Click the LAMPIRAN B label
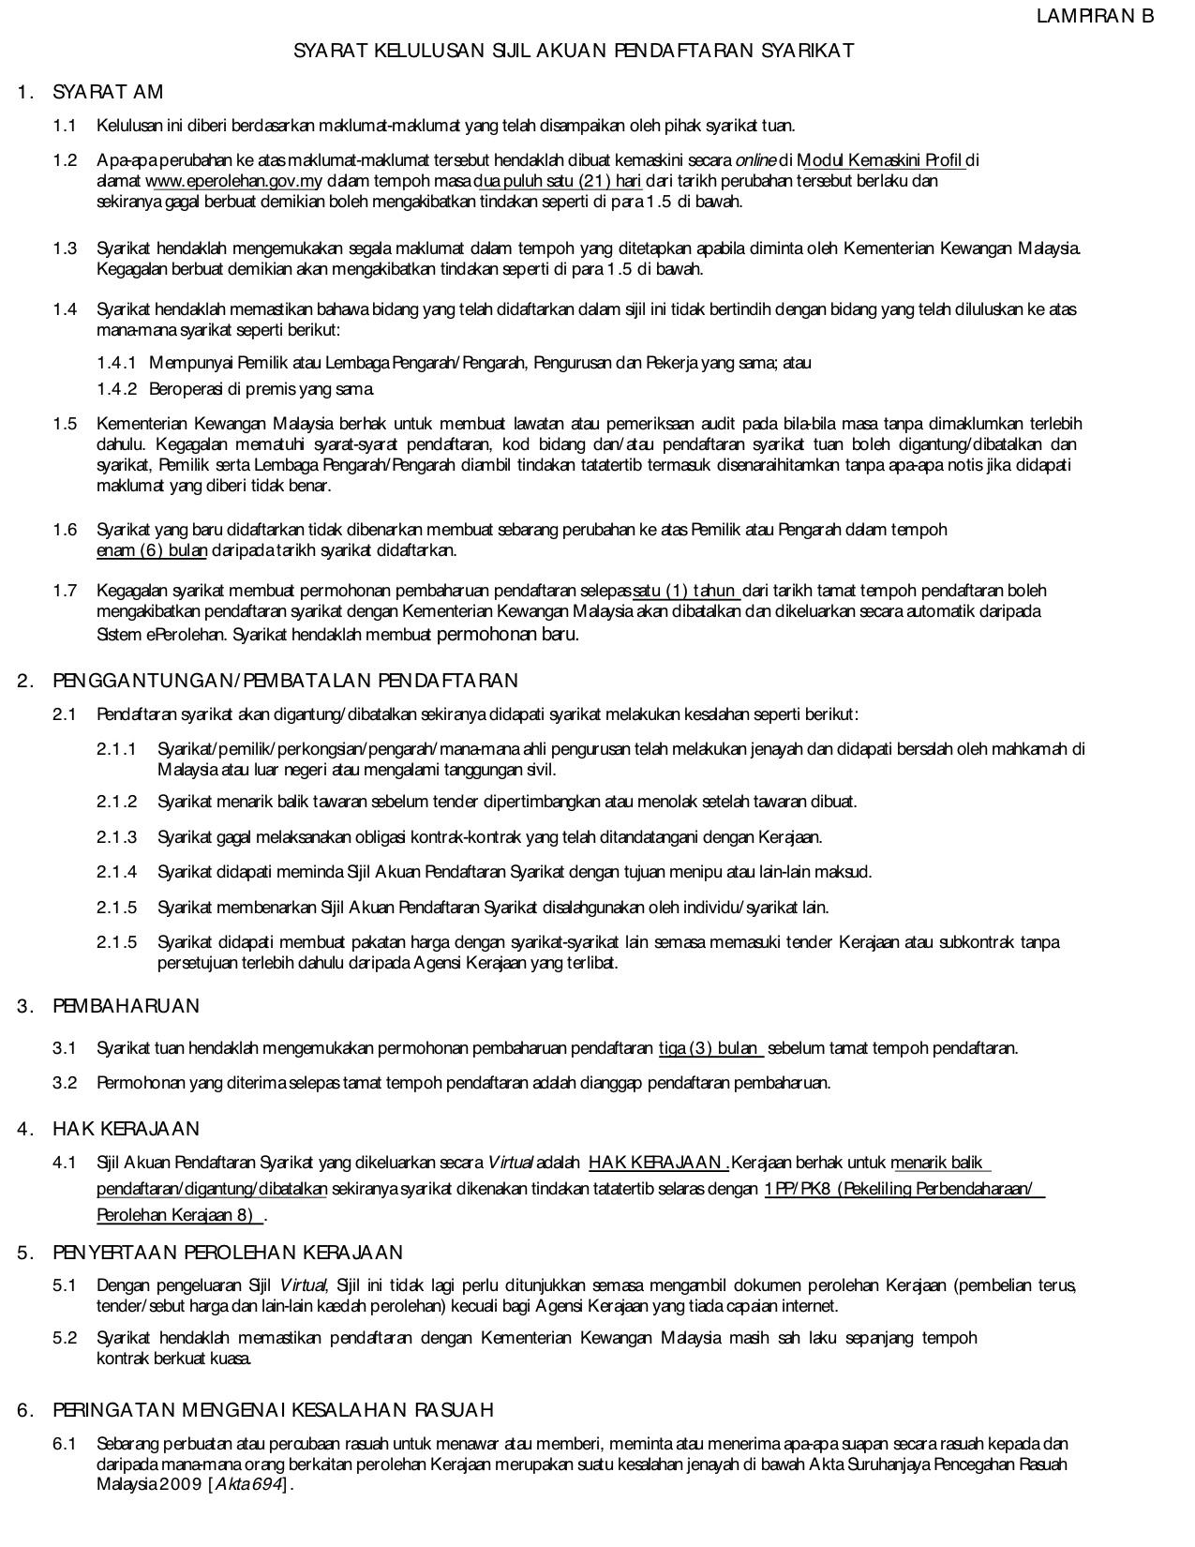(x=1095, y=16)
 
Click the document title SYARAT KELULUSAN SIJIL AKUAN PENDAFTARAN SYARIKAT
(x=574, y=51)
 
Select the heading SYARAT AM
(x=108, y=92)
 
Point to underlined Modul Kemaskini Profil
(x=881, y=161)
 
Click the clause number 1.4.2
(x=117, y=388)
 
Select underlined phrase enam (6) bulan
(x=152, y=550)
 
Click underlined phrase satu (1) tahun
(x=687, y=591)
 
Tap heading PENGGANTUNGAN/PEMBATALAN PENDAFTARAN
(x=285, y=681)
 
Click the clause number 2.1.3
(x=117, y=837)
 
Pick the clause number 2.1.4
(x=117, y=872)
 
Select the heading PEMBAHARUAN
(x=127, y=1006)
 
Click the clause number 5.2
(x=65, y=1338)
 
